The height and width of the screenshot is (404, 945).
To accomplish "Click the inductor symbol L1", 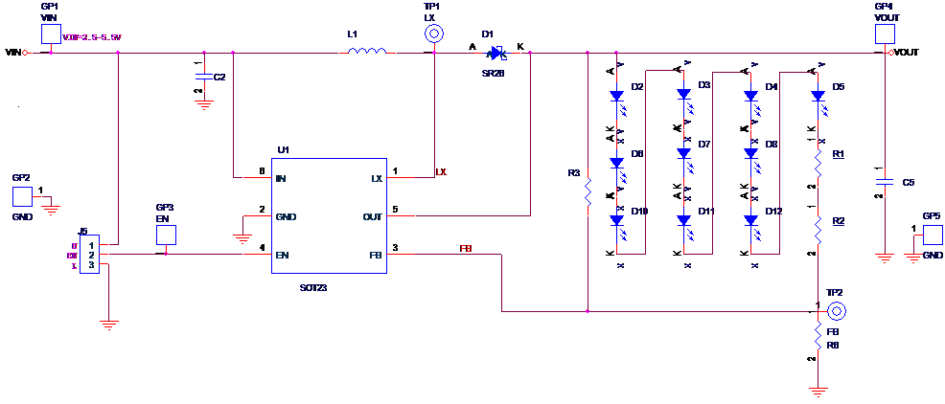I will point(366,52).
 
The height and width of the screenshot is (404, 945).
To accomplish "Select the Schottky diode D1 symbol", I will point(495,53).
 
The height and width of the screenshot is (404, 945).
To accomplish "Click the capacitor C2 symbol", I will point(204,77).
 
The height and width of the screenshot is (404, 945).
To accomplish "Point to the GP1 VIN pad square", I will point(51,34).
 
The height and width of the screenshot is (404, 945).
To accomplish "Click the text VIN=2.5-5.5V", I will point(92,36).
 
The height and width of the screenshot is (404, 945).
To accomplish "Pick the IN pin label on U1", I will point(281,179).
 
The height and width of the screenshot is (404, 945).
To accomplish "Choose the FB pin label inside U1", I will point(376,256).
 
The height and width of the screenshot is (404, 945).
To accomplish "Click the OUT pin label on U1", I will point(372,217).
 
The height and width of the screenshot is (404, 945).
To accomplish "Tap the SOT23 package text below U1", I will point(313,287).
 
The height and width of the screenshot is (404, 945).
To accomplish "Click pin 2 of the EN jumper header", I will point(91,256).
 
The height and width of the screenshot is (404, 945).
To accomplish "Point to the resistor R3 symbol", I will point(588,193).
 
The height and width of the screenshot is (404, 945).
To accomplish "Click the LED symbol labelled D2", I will point(617,96).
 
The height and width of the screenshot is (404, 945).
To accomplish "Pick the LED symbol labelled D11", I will point(684,220).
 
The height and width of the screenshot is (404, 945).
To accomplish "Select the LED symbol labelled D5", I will point(818,96).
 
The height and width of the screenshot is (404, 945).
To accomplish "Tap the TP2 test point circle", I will point(837,311).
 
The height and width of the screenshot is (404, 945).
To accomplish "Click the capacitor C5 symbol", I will point(885,182).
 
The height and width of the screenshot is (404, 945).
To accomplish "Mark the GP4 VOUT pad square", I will point(884,34).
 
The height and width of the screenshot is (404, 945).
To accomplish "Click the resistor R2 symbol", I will point(818,228).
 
